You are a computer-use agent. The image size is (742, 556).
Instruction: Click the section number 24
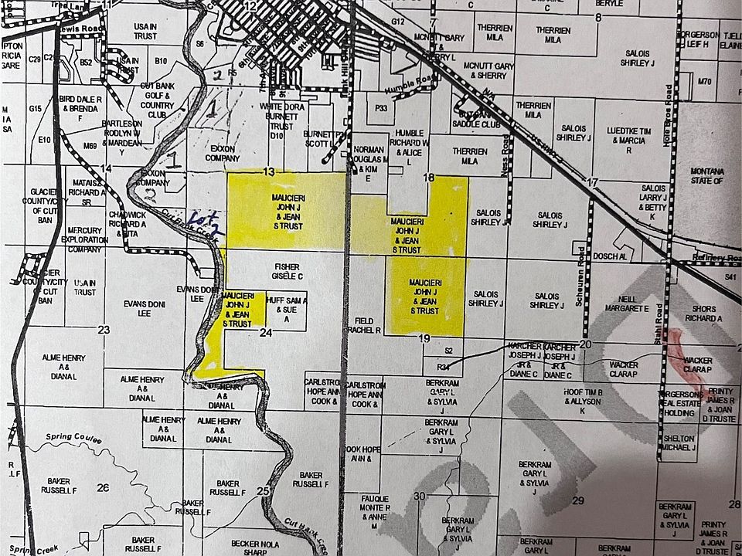tap(266, 333)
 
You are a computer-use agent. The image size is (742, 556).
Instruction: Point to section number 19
tap(424, 338)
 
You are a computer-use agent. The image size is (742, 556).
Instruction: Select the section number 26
tap(102, 487)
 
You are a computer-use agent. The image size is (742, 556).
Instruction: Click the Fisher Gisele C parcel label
tap(287, 271)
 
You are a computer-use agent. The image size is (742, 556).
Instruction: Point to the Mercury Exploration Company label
tap(84, 239)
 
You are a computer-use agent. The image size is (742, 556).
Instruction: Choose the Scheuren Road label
tap(580, 276)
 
